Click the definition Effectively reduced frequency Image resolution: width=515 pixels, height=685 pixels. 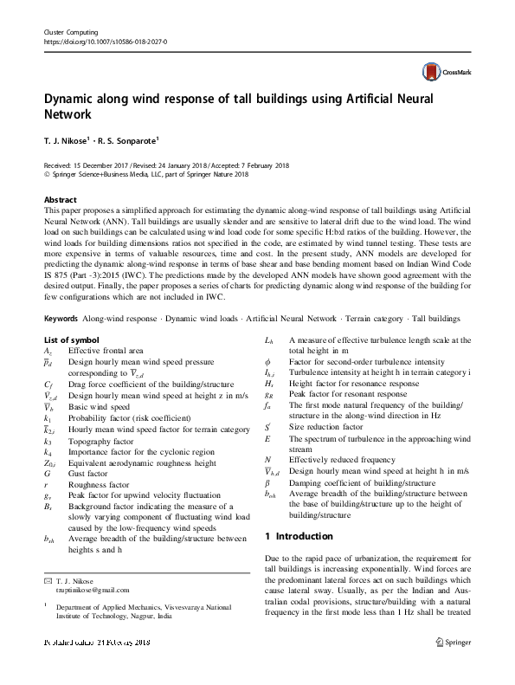(342, 459)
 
